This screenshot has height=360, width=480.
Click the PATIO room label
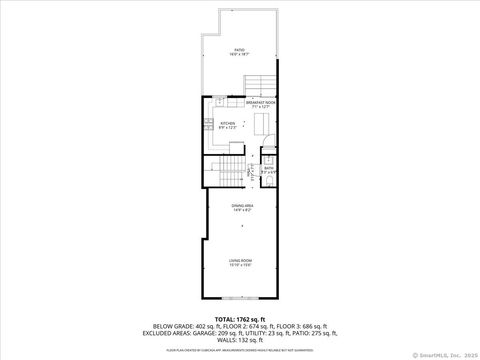240,50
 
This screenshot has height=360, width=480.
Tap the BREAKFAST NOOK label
260,103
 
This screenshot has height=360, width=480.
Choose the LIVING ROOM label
240,263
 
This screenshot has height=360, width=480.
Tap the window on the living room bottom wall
240,299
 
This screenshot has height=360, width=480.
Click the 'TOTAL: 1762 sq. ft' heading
240,319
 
